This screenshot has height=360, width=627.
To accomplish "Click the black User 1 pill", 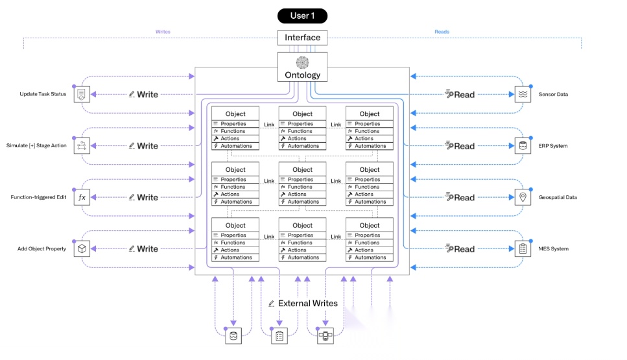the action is click(x=302, y=16).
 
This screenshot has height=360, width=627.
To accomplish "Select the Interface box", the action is click(x=302, y=38).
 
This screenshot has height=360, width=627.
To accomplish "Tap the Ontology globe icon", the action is click(x=302, y=63).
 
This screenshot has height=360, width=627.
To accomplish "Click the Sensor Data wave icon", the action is click(x=523, y=95).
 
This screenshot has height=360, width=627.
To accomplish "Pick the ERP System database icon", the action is click(x=523, y=145).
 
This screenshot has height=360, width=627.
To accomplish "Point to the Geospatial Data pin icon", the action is click(x=523, y=197).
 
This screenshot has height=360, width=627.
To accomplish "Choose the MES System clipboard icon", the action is click(x=523, y=249).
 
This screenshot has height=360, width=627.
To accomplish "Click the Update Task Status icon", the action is click(x=82, y=95).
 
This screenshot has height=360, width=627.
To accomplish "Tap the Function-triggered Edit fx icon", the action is click(x=82, y=197).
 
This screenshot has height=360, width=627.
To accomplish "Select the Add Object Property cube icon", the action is click(x=82, y=249).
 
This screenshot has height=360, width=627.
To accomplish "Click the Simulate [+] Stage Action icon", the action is click(x=82, y=145).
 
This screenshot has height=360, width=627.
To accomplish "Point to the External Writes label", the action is click(x=307, y=303).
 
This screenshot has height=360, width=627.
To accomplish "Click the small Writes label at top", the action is click(x=163, y=32).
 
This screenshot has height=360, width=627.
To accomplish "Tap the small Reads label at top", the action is click(x=442, y=32).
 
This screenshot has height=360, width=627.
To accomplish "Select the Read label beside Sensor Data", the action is click(x=464, y=95).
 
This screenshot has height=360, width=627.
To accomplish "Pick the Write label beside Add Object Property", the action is click(x=148, y=249).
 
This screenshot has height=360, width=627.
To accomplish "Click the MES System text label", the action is click(x=554, y=249).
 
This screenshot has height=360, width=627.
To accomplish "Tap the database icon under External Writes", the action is click(x=233, y=336).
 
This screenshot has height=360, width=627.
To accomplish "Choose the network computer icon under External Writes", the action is click(x=325, y=336).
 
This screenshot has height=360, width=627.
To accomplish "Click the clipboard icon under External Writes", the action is click(x=279, y=336).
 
